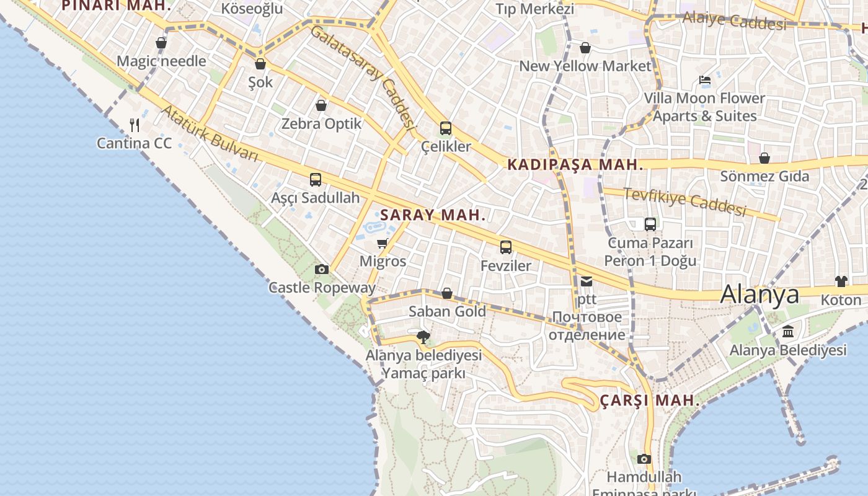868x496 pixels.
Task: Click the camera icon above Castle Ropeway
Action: pos(321,269)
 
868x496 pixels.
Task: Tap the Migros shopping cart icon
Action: pos(383,243)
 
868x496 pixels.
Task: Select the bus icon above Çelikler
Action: pos(445,128)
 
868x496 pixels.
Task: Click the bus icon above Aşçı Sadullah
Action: pos(316,180)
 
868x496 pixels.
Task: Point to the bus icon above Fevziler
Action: pos(506,247)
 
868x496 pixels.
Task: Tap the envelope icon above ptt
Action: pos(587,281)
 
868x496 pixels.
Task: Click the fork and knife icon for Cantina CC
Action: pos(135,125)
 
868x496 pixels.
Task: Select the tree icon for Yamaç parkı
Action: pos(423,337)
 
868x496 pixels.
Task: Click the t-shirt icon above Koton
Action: pos(841,281)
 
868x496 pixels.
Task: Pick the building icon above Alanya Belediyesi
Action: pos(787,332)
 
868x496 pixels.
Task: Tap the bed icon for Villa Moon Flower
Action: pos(704,80)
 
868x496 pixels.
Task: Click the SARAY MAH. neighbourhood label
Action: pos(433,215)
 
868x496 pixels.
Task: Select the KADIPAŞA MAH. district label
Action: pos(575,165)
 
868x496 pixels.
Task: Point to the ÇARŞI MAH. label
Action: pos(650,401)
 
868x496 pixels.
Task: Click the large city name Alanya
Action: pos(759,294)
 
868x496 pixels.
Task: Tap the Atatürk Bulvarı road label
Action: pos(210,133)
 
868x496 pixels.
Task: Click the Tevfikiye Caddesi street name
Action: pos(684,201)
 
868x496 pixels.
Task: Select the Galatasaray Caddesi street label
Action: pos(362,76)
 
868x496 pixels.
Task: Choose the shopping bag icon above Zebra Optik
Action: pos(321,105)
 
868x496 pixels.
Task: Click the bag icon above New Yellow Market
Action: pos(585,48)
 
